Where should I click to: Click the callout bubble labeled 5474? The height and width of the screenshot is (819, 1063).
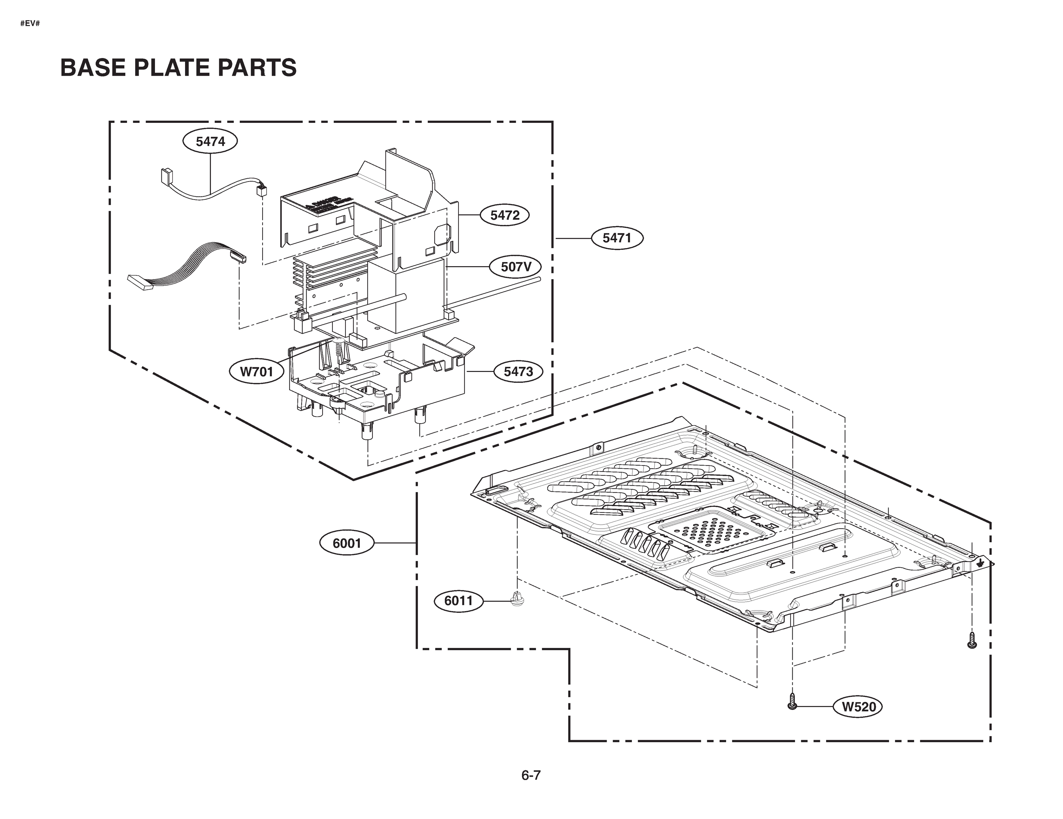[210, 142]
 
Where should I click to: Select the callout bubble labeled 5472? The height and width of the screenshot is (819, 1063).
[505, 215]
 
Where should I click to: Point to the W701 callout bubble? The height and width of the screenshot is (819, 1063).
[256, 372]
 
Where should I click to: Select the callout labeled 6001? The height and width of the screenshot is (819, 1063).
[346, 543]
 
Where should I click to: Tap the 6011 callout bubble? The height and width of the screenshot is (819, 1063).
[458, 601]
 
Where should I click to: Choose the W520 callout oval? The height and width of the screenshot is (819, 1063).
[859, 707]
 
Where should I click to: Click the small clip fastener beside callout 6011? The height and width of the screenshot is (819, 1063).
[517, 599]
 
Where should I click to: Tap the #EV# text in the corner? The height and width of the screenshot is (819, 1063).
[30, 23]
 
